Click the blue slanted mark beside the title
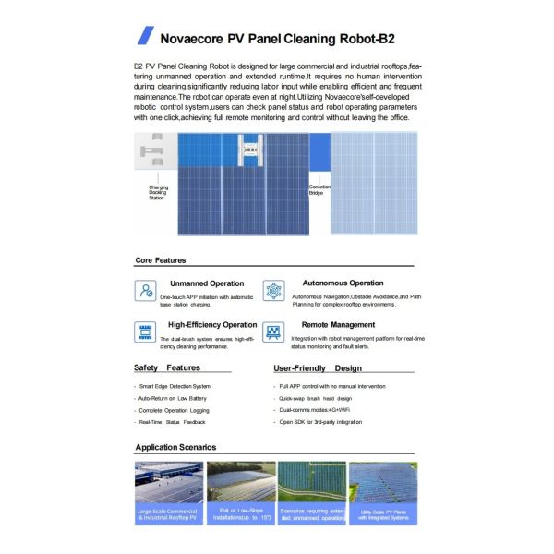click(x=144, y=36)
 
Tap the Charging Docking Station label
click(x=158, y=192)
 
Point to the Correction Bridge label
click(x=319, y=189)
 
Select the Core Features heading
click(x=161, y=260)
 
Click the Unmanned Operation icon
click(x=146, y=290)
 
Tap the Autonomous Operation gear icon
click(x=273, y=290)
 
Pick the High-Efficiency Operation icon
click(x=146, y=332)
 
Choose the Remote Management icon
click(x=273, y=332)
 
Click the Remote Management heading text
click(x=338, y=325)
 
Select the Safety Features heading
click(x=167, y=367)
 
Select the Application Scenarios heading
click(x=175, y=447)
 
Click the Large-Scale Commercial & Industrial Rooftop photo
click(x=168, y=493)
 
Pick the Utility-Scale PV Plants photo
click(x=383, y=493)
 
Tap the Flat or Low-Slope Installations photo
click(x=240, y=493)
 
